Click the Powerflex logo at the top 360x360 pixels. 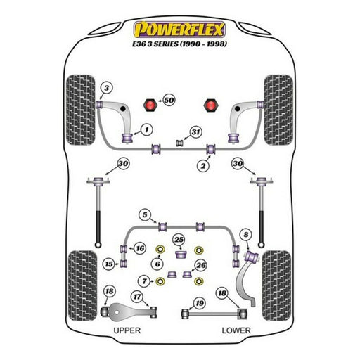pyautogui.click(x=179, y=30)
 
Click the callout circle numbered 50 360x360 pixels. pyautogui.click(x=169, y=100)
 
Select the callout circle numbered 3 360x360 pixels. pyautogui.click(x=107, y=88)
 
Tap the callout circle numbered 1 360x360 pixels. pyautogui.click(x=147, y=129)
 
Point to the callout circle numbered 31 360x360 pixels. pyautogui.click(x=195, y=132)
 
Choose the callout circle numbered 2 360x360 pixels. pyautogui.click(x=203, y=166)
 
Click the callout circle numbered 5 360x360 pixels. pyautogui.click(x=145, y=214)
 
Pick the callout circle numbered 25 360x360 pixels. pyautogui.click(x=179, y=240)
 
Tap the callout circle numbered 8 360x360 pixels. pyautogui.click(x=246, y=235)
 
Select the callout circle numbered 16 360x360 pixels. pyautogui.click(x=140, y=248)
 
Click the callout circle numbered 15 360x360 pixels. pyautogui.click(x=109, y=264)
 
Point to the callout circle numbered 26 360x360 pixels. pyautogui.click(x=201, y=265)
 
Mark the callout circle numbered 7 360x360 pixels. pyautogui.click(x=144, y=281)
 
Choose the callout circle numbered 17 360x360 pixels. pyautogui.click(x=137, y=297)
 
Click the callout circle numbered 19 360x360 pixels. pyautogui.click(x=200, y=303)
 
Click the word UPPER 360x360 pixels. pyautogui.click(x=127, y=330)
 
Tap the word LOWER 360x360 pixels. pyautogui.click(x=236, y=330)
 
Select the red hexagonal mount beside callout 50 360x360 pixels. pyautogui.click(x=150, y=105)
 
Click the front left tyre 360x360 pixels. pyautogui.click(x=81, y=110)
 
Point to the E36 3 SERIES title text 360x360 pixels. pyautogui.click(x=179, y=44)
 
